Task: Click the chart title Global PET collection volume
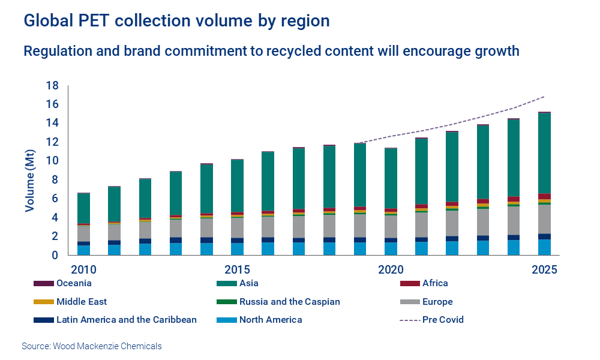point(176,21)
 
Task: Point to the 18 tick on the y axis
point(52,86)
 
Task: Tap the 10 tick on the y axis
point(52,161)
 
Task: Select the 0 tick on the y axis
point(55,255)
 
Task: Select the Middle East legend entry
point(82,302)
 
